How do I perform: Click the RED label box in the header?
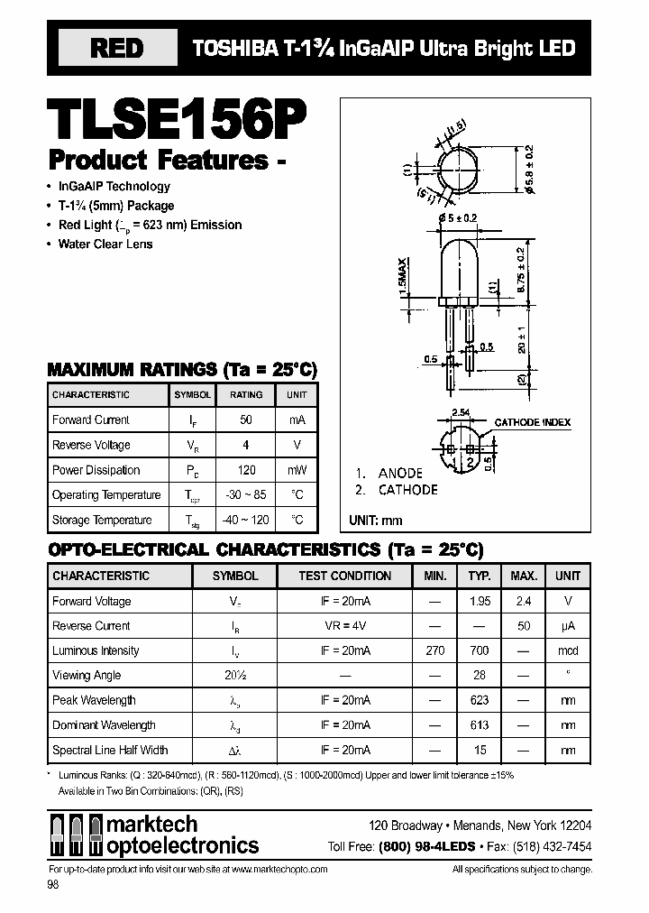[116, 49]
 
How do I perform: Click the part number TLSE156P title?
[177, 117]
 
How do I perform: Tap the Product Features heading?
[159, 161]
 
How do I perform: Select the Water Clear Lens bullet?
[105, 244]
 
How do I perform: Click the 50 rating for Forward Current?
[246, 420]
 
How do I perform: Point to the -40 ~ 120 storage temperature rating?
[246, 520]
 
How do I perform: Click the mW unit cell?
[297, 470]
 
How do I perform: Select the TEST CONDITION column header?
[345, 576]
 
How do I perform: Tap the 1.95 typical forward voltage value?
[480, 601]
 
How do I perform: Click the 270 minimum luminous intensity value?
[434, 650]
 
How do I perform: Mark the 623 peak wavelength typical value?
[480, 700]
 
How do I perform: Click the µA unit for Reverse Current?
[568, 625]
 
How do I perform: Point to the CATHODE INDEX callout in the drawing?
[532, 422]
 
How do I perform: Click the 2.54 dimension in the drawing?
[462, 411]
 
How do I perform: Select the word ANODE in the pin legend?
[400, 473]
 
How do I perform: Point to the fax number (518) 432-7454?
[552, 845]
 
